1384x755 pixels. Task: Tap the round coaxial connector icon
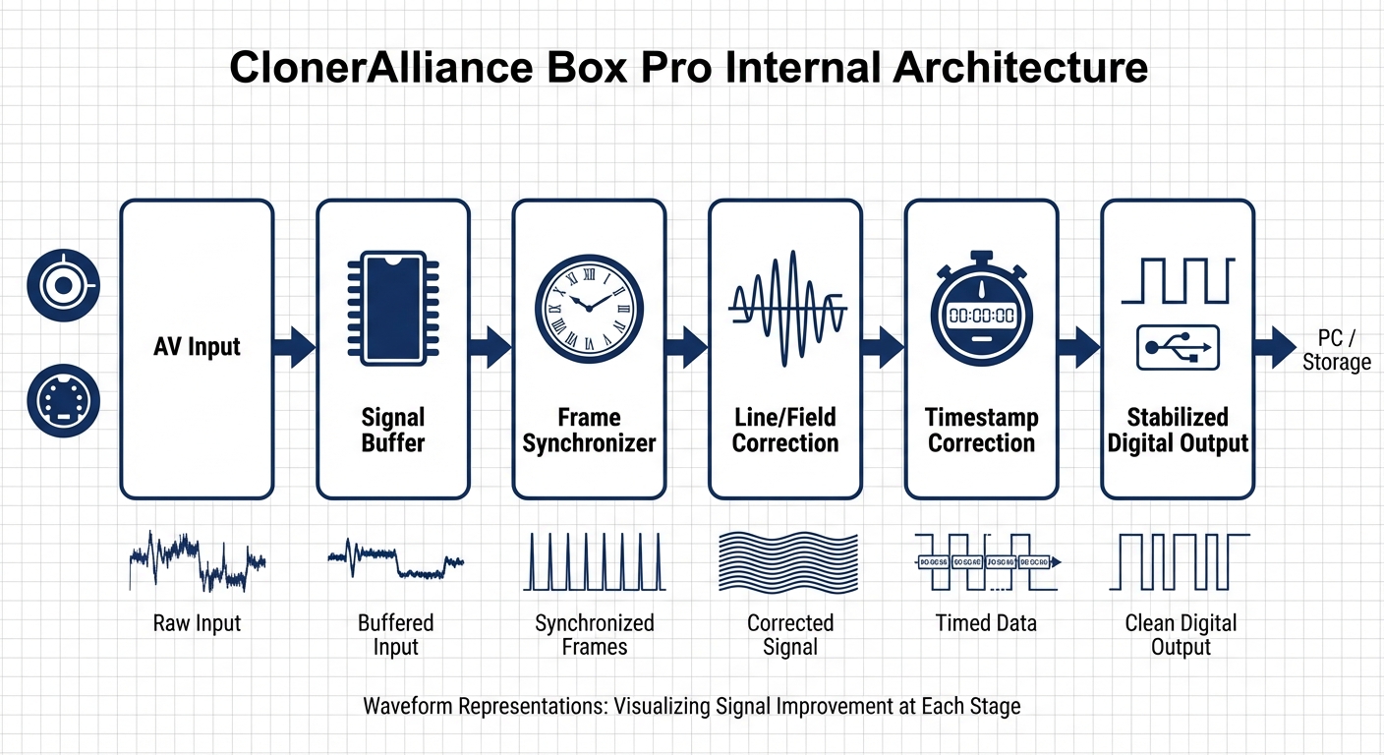point(64,285)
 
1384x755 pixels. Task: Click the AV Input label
point(197,346)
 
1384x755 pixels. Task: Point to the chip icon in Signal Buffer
point(393,308)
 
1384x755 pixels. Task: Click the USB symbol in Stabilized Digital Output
point(1177,347)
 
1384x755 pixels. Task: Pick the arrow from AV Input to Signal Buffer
point(294,347)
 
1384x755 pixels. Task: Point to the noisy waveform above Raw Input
point(197,561)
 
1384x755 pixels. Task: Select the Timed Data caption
point(986,623)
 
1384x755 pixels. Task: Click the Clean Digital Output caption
point(1181,635)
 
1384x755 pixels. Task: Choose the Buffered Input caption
point(395,635)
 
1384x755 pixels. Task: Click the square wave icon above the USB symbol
point(1177,281)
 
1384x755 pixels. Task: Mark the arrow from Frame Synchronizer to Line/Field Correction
point(686,347)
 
